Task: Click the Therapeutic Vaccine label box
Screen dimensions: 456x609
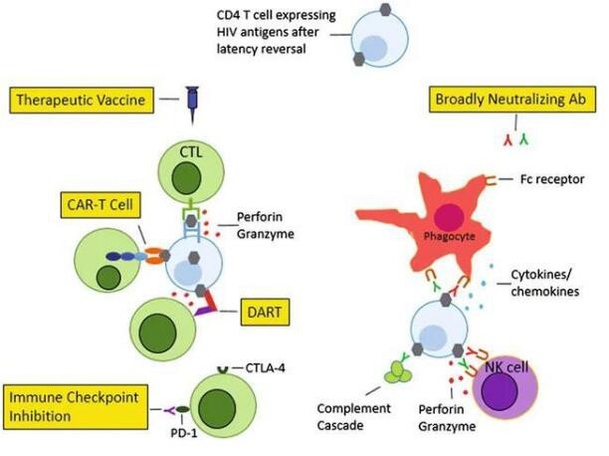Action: coord(102,100)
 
